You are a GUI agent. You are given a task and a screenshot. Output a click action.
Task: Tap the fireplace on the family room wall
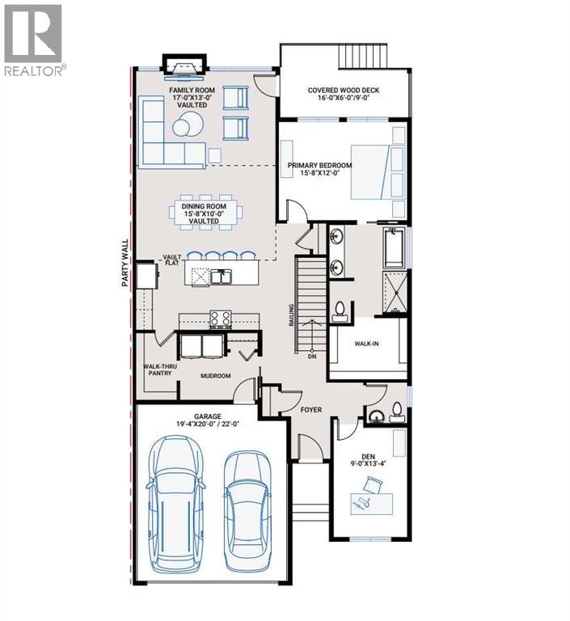coord(179,63)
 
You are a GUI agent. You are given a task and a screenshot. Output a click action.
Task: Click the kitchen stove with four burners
coord(221,319)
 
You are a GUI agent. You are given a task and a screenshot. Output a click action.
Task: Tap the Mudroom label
coord(216,376)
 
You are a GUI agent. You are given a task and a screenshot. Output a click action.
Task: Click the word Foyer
coord(311,410)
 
